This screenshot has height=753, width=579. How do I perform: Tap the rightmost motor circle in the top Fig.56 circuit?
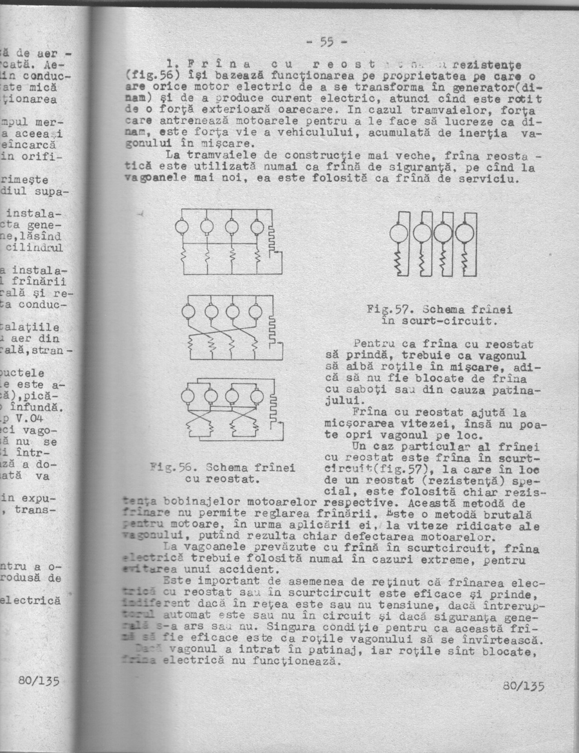[x=257, y=226]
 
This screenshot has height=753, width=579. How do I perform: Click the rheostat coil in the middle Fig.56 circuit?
[x=271, y=330]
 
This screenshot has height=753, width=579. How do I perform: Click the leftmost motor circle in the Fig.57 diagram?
[x=403, y=231]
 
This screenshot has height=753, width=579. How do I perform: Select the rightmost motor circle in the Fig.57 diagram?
[x=464, y=231]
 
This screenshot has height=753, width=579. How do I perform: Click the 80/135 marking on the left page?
[x=40, y=679]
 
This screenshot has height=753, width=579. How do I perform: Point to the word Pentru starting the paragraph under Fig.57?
[x=374, y=344]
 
